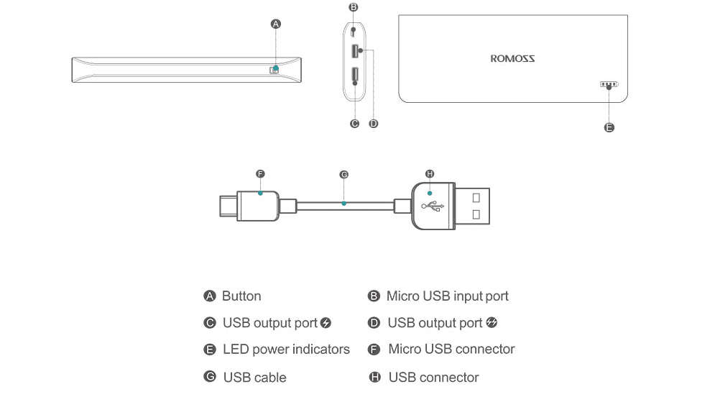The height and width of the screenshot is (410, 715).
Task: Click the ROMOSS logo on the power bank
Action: tap(512, 59)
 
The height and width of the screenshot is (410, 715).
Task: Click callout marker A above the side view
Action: tap(275, 24)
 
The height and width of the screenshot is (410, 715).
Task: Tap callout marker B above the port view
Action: tap(353, 7)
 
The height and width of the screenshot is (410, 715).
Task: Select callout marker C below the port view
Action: tap(354, 124)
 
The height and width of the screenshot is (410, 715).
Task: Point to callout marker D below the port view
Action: tap(373, 124)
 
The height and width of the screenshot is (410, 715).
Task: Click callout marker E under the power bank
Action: tap(609, 127)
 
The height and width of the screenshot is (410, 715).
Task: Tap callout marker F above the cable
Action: tap(260, 174)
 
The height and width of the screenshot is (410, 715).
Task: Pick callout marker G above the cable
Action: tap(343, 175)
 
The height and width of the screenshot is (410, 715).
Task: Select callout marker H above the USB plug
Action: tap(430, 174)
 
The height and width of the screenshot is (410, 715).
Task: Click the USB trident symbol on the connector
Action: tap(433, 206)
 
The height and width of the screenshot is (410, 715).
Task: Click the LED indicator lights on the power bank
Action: tap(609, 84)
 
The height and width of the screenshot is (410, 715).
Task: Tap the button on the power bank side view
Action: tap(274, 70)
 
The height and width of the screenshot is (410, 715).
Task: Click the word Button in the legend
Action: tap(241, 296)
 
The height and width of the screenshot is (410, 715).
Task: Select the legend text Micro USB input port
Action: tap(447, 296)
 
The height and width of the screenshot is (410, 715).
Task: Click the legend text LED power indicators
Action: tap(286, 350)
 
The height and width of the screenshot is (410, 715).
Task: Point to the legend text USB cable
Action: tap(254, 378)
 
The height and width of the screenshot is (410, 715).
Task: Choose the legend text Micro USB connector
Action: tap(451, 350)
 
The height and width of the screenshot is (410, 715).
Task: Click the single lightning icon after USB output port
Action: tap(326, 323)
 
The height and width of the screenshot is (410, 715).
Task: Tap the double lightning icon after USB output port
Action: tap(492, 322)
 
